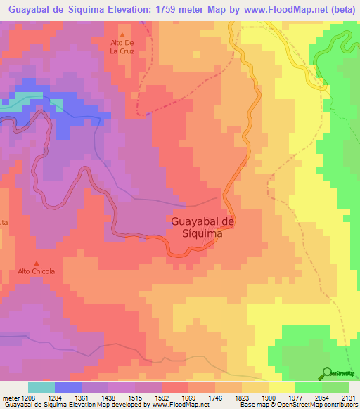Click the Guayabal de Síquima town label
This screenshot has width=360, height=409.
202,228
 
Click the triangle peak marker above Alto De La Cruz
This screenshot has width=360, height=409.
122,35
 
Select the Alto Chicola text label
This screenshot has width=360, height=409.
37,271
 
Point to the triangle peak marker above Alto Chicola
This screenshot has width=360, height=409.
37,264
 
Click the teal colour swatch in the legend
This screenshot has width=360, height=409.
41,387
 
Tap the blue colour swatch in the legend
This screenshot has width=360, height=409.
68,387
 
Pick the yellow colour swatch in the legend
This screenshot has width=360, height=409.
282,387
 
